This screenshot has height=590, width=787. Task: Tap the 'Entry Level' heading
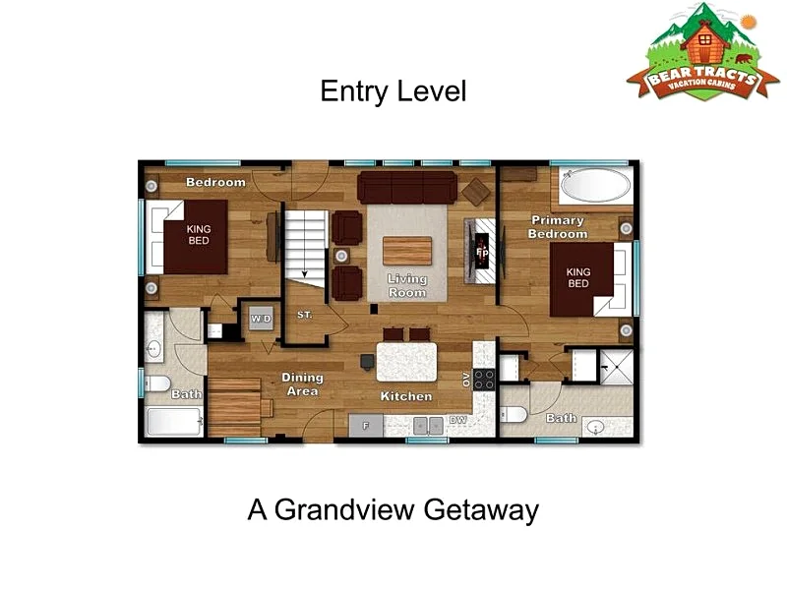pyautogui.click(x=393, y=91)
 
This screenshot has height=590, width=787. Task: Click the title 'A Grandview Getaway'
pyautogui.click(x=393, y=509)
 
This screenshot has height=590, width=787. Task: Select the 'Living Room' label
pyautogui.click(x=407, y=285)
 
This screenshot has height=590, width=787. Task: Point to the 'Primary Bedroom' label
pyautogui.click(x=558, y=227)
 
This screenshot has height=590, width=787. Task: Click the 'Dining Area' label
pyautogui.click(x=302, y=384)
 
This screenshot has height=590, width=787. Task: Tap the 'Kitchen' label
pyautogui.click(x=406, y=396)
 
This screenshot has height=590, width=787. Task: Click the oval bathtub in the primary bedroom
pyautogui.click(x=595, y=185)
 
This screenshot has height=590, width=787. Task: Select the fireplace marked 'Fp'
pyautogui.click(x=481, y=252)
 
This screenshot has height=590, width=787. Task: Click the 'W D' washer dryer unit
pyautogui.click(x=261, y=318)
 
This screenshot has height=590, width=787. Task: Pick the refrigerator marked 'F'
pyautogui.click(x=366, y=426)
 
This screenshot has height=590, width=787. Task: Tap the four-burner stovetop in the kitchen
pyautogui.click(x=484, y=380)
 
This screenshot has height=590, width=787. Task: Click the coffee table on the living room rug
pyautogui.click(x=407, y=251)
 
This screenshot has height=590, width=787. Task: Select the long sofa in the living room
pyautogui.click(x=407, y=187)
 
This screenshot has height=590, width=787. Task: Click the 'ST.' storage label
pyautogui.click(x=305, y=315)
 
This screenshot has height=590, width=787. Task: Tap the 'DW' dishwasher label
pyautogui.click(x=457, y=420)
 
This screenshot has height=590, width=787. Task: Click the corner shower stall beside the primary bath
pyautogui.click(x=618, y=367)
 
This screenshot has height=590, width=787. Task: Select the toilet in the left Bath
pyautogui.click(x=157, y=383)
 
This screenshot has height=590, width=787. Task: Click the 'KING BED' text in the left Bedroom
pyautogui.click(x=199, y=235)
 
